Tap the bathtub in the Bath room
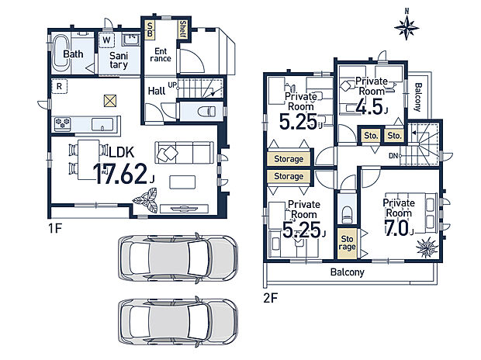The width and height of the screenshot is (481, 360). pyautogui.click(x=61, y=53)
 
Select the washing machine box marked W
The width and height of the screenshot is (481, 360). pyautogui.click(x=107, y=40)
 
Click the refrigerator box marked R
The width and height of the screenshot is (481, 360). pyautogui.click(x=59, y=87)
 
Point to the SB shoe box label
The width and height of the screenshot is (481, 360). pyautogui.click(x=150, y=29)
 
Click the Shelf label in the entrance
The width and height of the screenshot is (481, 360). pyautogui.click(x=182, y=29)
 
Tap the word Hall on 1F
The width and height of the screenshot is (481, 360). pyautogui.click(x=157, y=91)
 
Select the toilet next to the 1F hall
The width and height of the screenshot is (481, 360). pyautogui.click(x=206, y=111)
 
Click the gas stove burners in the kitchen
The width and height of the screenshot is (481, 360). pyautogui.click(x=63, y=123)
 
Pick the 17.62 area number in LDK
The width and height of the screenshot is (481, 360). pyautogui.click(x=120, y=174)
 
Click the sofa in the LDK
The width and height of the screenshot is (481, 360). pyautogui.click(x=185, y=152)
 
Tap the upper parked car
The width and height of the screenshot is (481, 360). pyautogui.click(x=178, y=258)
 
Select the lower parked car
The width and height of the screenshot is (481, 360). pyautogui.click(x=178, y=322)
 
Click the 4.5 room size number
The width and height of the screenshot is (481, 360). pyautogui.click(x=369, y=107)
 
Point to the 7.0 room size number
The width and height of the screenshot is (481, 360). pyautogui.click(x=396, y=228)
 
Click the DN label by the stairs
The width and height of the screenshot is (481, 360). pyautogui.click(x=393, y=156)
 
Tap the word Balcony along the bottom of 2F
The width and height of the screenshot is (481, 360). pyautogui.click(x=348, y=272)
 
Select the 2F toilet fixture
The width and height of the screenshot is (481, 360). pyautogui.click(x=347, y=214)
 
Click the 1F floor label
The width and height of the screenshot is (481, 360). pyautogui.click(x=55, y=228)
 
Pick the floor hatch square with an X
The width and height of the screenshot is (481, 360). pyautogui.click(x=110, y=101)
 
